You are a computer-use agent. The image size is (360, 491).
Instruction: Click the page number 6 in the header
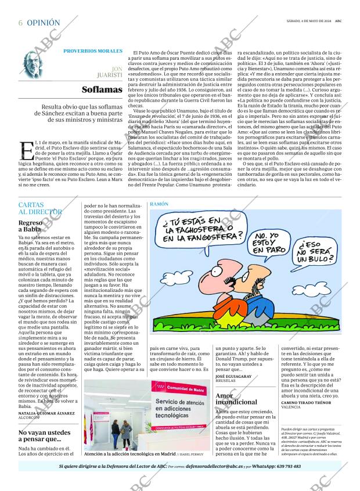click(20, 23)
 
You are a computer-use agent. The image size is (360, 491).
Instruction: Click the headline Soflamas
click(102, 89)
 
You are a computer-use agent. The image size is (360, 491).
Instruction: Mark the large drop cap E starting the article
click(27, 149)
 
